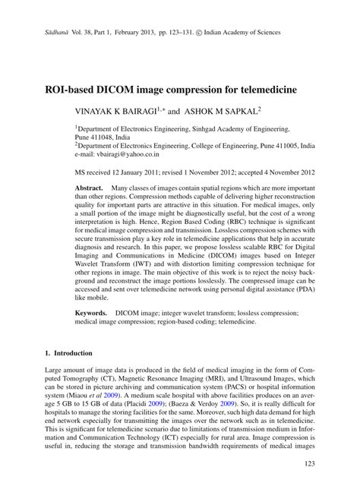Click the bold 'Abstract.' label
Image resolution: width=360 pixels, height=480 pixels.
(x=89, y=187)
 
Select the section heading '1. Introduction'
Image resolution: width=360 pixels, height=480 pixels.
(x=68, y=353)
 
